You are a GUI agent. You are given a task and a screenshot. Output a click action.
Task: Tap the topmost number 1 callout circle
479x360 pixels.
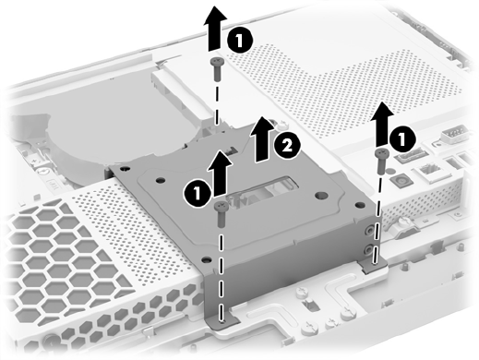[240, 41]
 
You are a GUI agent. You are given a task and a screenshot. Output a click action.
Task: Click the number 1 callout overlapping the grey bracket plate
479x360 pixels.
[198, 194]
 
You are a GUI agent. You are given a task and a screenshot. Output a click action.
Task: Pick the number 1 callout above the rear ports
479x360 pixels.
[402, 139]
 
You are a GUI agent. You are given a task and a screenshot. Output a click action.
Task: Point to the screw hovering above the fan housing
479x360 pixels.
[217, 69]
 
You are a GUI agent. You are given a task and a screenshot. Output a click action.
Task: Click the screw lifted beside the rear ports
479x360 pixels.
[382, 162]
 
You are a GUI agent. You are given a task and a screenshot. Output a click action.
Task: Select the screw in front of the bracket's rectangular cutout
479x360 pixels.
[222, 214]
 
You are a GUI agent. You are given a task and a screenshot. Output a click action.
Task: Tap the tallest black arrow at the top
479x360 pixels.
[215, 29]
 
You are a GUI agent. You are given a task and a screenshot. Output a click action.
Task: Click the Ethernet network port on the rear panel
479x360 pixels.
[428, 172]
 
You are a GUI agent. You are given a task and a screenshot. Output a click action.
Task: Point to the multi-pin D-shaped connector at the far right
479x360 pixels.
[454, 134]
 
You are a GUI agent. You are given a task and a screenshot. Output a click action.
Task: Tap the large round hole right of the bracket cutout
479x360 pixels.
[321, 196]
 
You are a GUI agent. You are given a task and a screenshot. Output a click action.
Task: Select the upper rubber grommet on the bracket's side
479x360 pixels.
[369, 230]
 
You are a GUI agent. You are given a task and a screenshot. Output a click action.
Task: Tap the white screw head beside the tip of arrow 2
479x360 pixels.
[281, 125]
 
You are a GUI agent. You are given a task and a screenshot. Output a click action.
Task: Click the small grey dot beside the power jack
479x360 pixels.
[389, 171]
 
